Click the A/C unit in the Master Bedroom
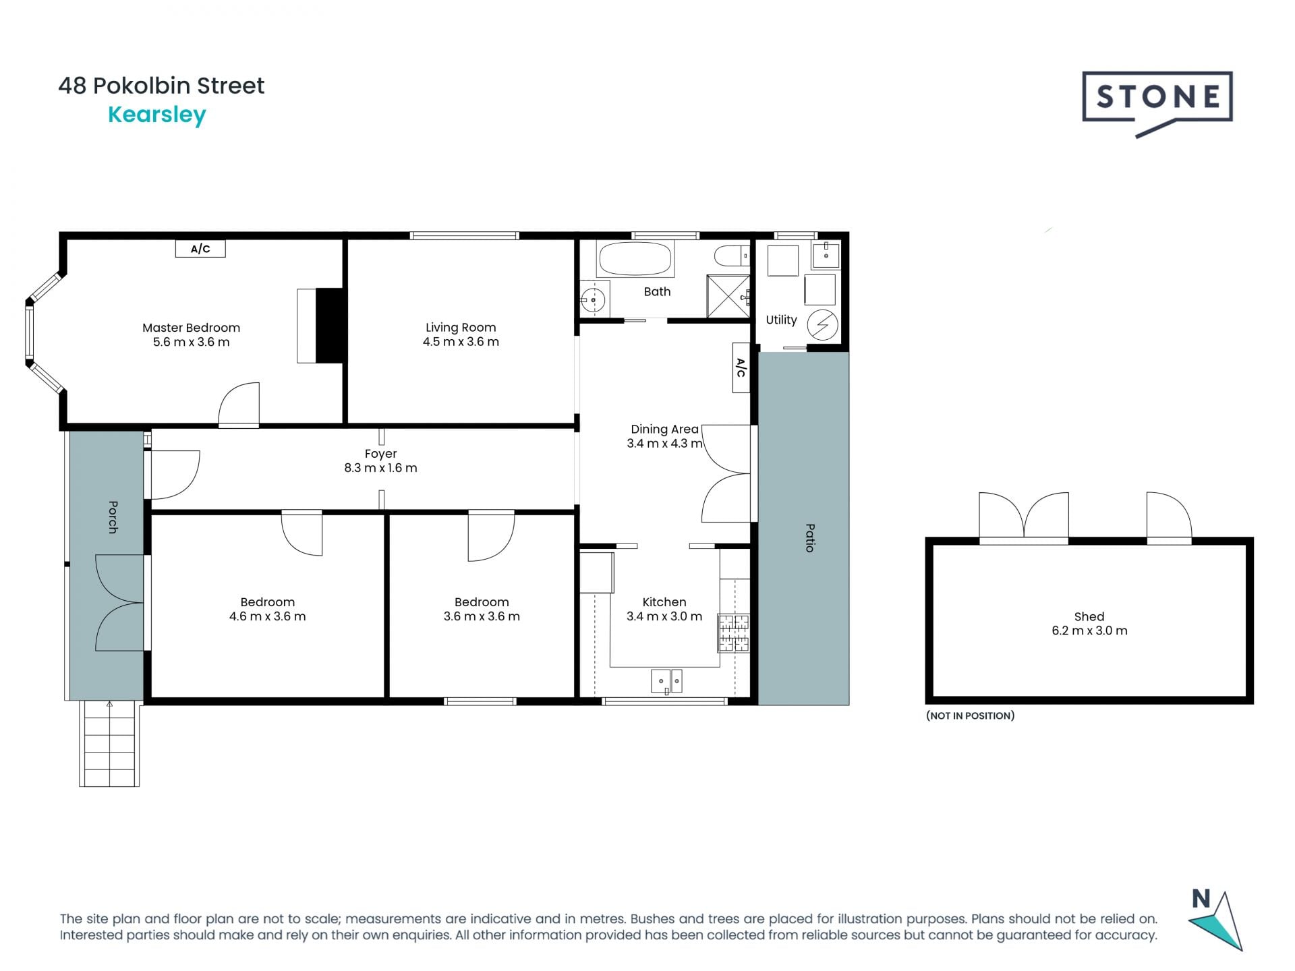click(x=200, y=249)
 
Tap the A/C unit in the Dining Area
click(x=741, y=367)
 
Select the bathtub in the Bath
click(x=635, y=259)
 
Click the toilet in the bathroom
click(x=731, y=256)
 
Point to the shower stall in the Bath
click(x=727, y=296)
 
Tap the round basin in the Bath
click(x=594, y=299)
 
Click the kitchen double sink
click(x=666, y=681)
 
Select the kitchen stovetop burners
click(x=733, y=632)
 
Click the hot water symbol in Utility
click(x=822, y=325)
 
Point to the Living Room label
click(x=461, y=328)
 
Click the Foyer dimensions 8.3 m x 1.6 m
click(x=380, y=468)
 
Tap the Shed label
click(x=1089, y=616)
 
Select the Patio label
click(x=810, y=537)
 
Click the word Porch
click(x=113, y=517)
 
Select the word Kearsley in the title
click(x=156, y=115)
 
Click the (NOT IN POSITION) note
click(x=970, y=715)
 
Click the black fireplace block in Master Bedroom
click(x=330, y=326)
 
